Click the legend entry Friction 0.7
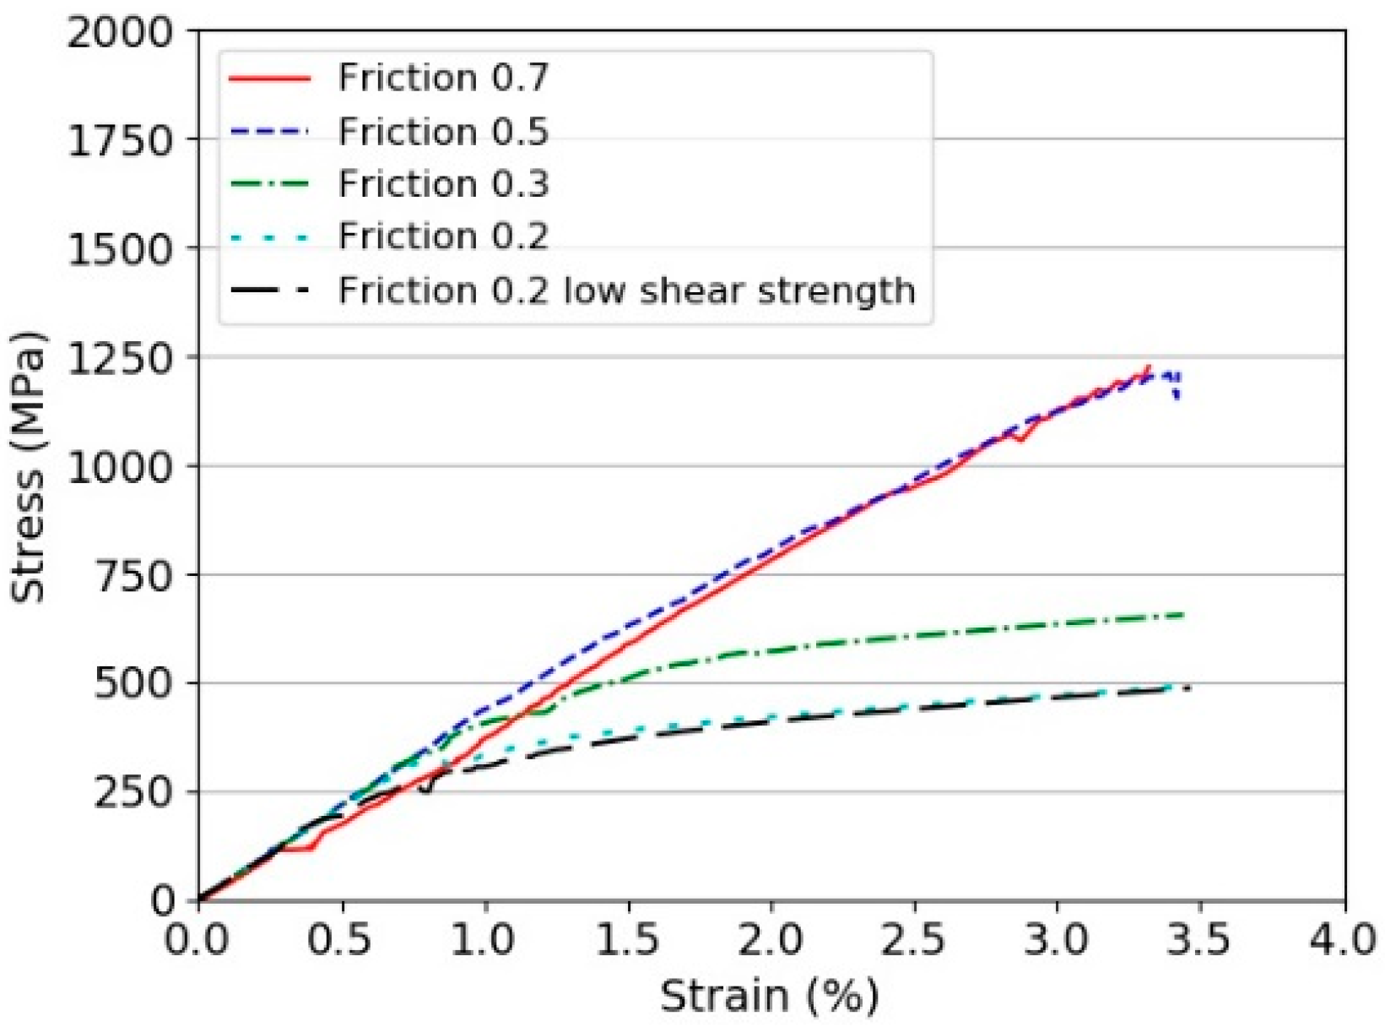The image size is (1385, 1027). pos(443,78)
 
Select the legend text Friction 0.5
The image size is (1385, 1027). pos(443,132)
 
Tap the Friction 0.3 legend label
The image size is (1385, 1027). pos(443,184)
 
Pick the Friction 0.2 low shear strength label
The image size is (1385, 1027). pos(626,291)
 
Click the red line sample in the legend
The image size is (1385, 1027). pos(269,78)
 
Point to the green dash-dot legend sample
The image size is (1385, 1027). pos(269,184)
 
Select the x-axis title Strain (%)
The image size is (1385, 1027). pos(769,997)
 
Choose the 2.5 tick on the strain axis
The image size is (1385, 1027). pos(913,939)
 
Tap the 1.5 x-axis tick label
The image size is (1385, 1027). pos(627,939)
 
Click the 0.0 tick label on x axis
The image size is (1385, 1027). pos(197,939)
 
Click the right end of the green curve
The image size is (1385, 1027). pos(1183,615)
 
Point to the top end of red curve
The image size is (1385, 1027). pos(1149,367)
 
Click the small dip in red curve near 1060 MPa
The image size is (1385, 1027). pos(1020,440)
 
